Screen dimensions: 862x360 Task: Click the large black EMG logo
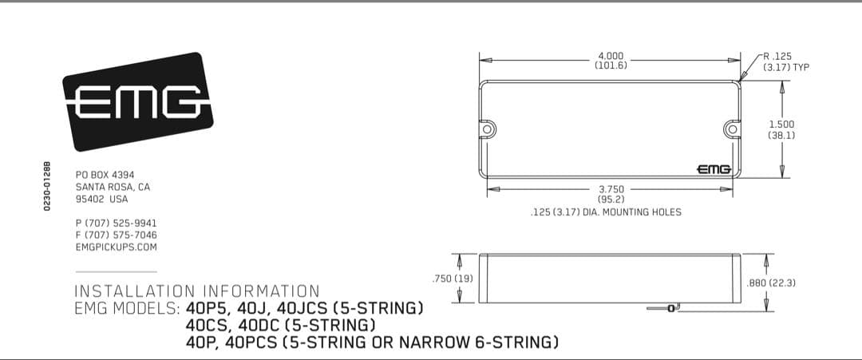137,101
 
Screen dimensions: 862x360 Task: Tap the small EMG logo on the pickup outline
714,169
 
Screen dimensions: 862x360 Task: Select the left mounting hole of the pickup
487,129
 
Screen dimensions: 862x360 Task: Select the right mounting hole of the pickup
732,129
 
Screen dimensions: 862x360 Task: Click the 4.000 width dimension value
611,56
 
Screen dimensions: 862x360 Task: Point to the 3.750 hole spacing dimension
611,190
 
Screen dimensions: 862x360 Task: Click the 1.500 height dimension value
781,125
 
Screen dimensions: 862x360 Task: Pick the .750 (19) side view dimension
453,279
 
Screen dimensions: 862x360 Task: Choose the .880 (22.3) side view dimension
771,283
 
